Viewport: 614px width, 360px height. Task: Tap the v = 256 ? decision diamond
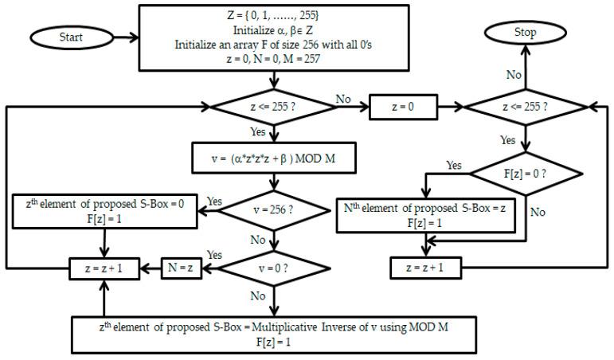coord(272,212)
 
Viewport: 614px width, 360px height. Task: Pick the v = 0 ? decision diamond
coord(272,268)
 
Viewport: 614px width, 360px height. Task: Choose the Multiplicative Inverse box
coord(273,334)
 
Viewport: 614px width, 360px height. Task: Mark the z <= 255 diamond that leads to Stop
coord(525,106)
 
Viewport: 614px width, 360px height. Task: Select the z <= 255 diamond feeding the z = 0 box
coord(272,106)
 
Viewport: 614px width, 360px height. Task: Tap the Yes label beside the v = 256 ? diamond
coord(214,202)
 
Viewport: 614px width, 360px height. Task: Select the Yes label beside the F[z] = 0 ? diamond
coord(454,166)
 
